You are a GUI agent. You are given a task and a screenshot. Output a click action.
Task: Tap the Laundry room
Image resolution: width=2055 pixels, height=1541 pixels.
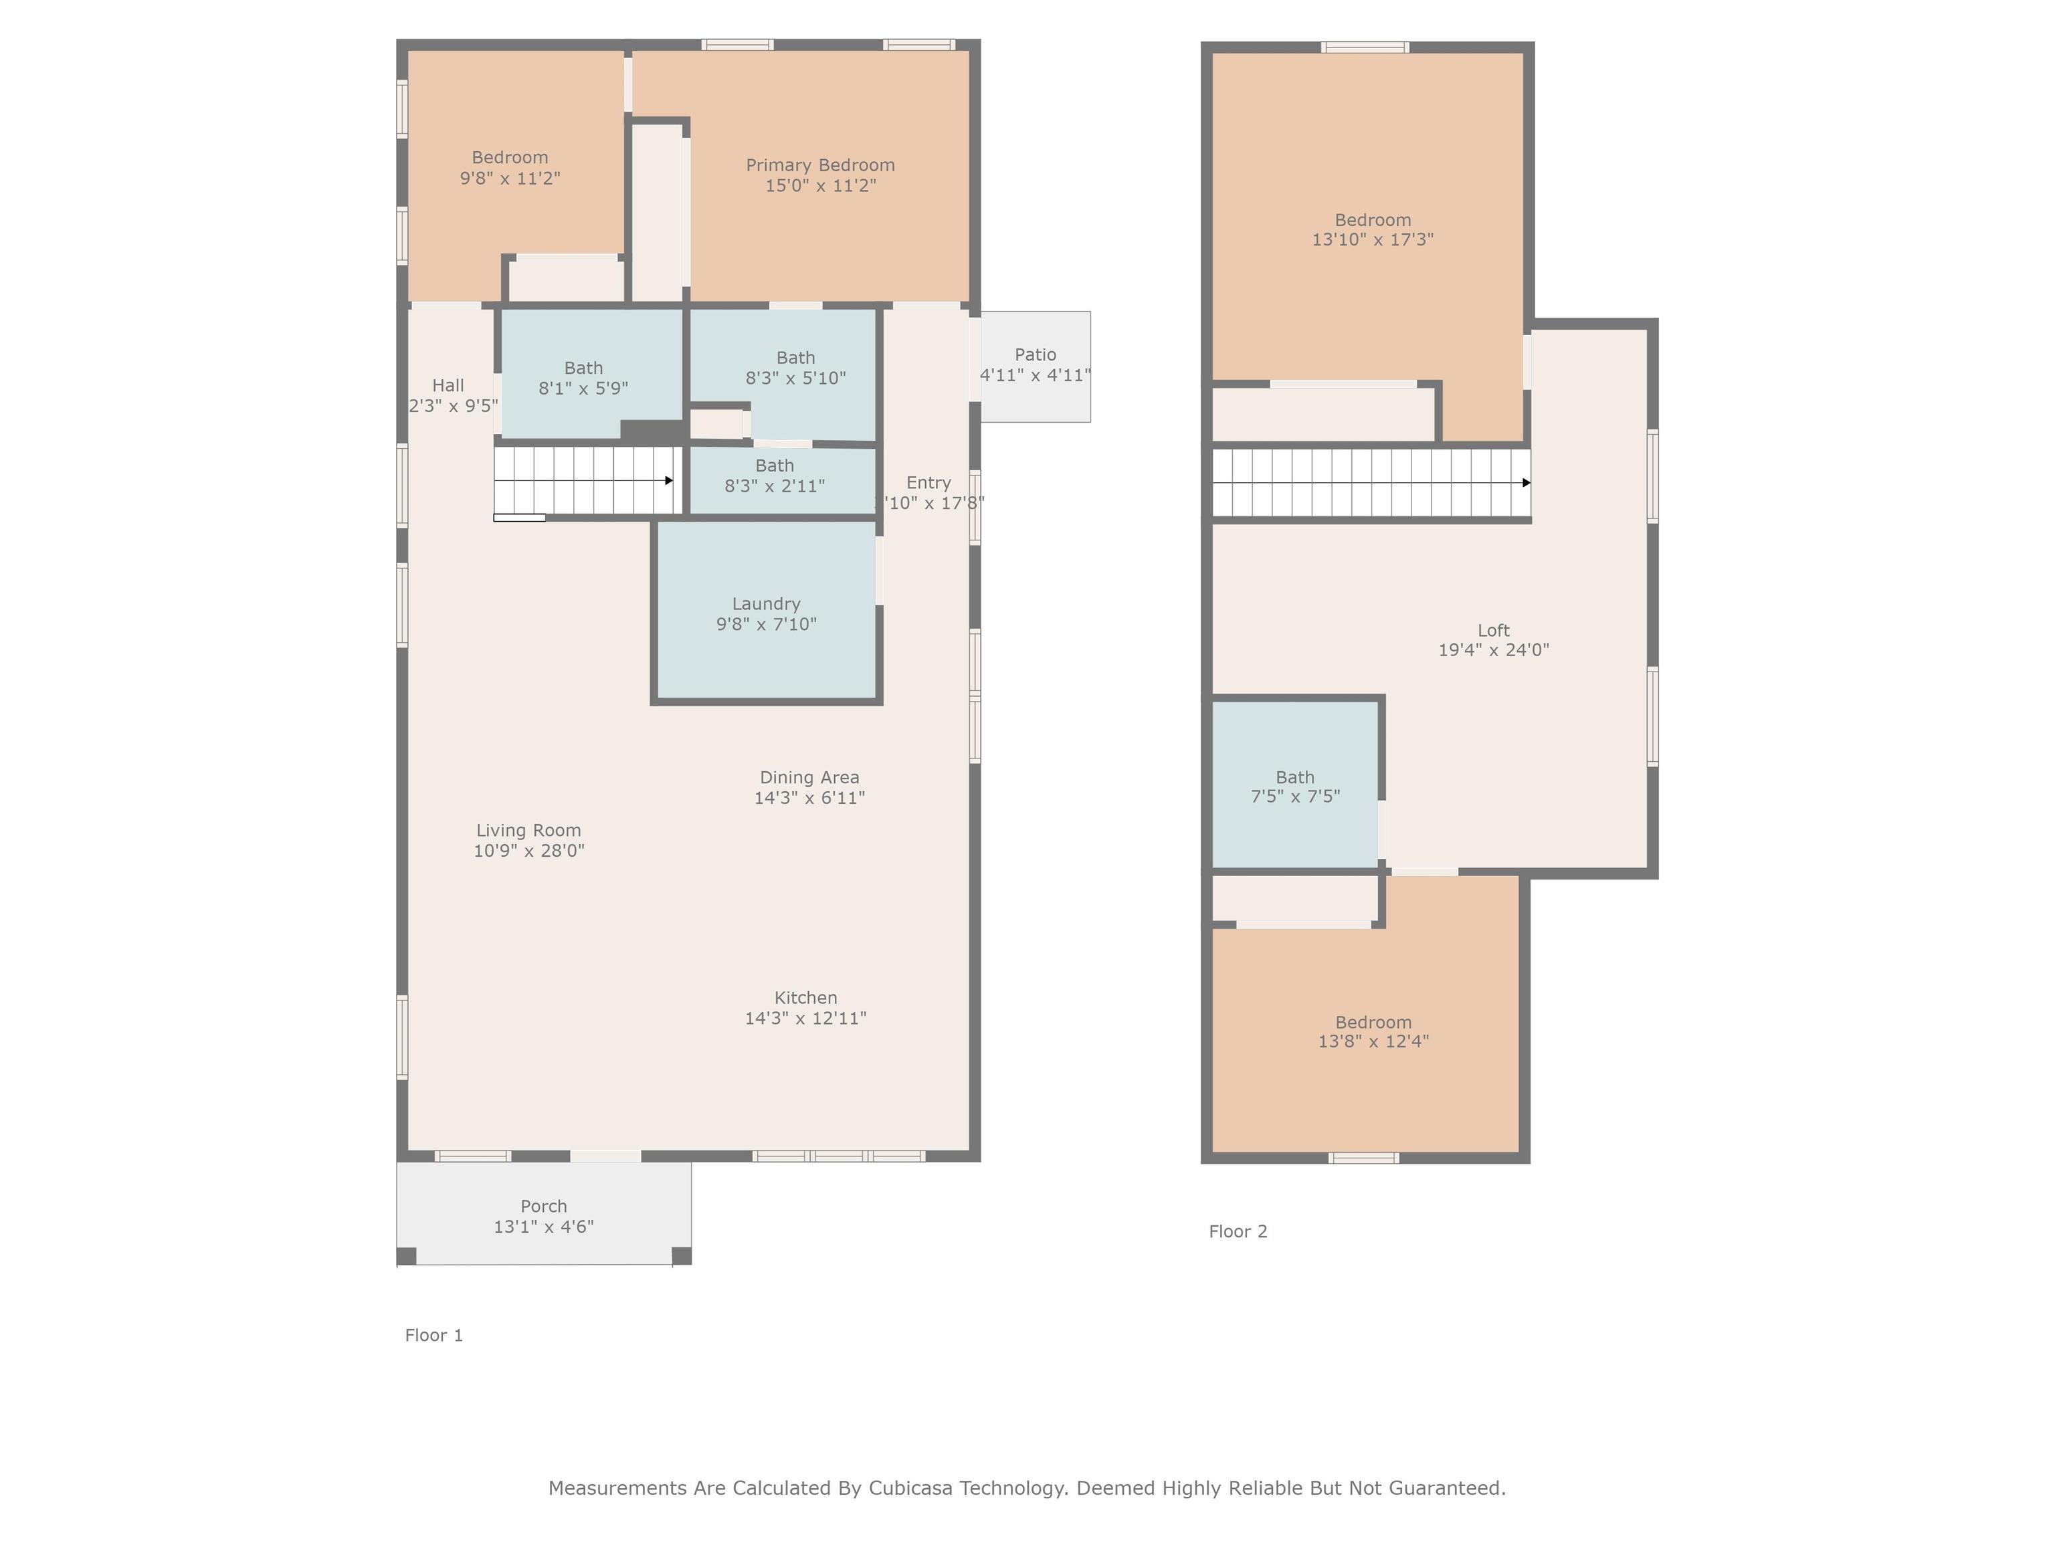coord(767,609)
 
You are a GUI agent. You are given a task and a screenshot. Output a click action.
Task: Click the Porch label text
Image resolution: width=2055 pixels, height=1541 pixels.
coord(543,1206)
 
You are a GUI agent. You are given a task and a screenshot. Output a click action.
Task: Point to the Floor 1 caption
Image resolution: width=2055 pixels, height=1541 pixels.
coord(434,1335)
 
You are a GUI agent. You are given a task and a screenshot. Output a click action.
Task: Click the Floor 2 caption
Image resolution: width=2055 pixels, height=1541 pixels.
coord(1238,1231)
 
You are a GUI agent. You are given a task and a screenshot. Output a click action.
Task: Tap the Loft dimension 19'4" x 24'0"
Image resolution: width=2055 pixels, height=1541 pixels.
coord(1494,650)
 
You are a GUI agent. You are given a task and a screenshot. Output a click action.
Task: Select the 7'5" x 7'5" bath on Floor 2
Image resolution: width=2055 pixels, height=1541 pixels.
coord(1295,786)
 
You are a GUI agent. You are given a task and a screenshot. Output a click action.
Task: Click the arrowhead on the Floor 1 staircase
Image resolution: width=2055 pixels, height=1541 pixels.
coord(669,480)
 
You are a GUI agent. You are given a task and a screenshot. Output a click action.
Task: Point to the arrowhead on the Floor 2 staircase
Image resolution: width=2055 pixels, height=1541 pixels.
coord(1527,483)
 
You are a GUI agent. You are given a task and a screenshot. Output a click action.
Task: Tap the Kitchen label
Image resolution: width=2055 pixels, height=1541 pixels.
coord(805,998)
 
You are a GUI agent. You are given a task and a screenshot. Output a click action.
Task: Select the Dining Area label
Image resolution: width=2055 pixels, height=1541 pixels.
coord(809,777)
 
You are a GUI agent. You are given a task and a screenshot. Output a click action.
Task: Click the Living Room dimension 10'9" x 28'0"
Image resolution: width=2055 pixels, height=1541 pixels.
coord(528,851)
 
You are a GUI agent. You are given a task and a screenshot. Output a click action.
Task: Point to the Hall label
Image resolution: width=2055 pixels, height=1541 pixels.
coord(448,385)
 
